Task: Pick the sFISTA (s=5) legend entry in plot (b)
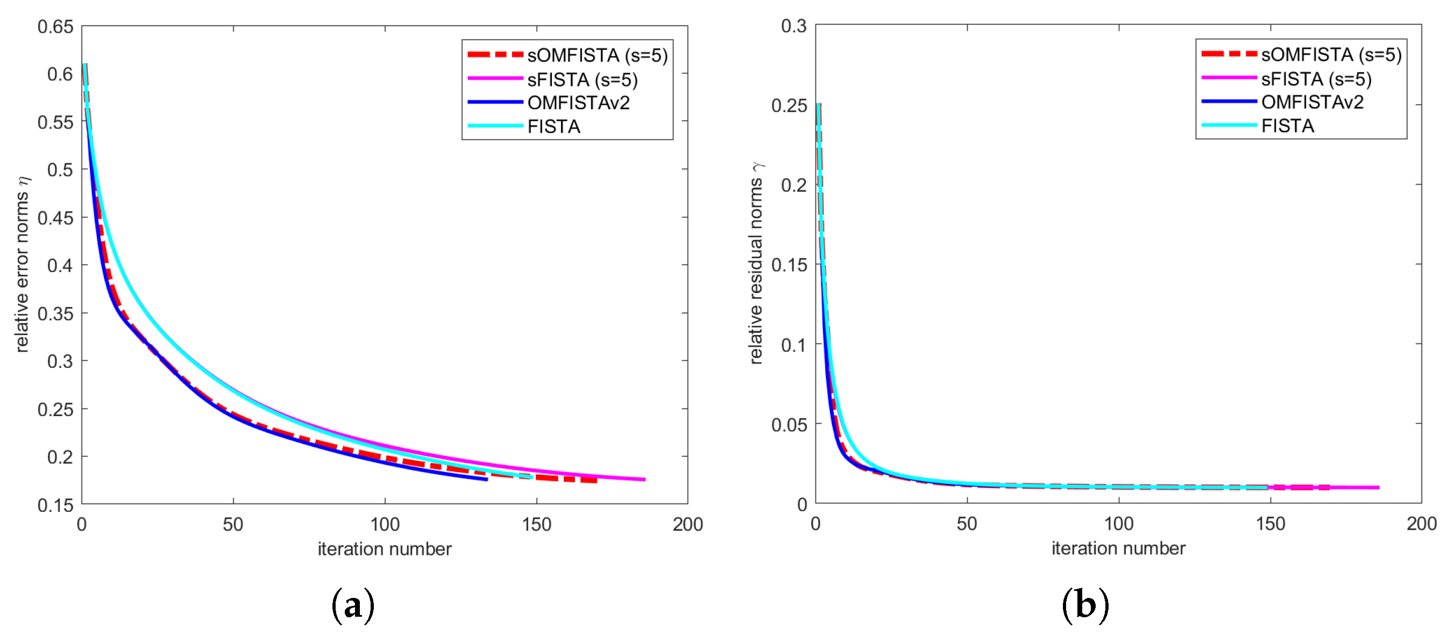click(1287, 79)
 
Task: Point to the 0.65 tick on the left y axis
click(55, 26)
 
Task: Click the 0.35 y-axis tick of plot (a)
click(55, 313)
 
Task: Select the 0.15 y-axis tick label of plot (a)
click(55, 505)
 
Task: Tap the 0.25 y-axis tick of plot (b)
click(789, 105)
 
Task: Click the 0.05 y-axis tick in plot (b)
click(789, 424)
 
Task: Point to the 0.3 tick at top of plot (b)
click(794, 26)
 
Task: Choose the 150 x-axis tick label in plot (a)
click(536, 524)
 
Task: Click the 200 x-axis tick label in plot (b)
click(1422, 524)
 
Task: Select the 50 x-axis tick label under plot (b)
click(967, 524)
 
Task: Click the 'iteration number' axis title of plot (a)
click(385, 549)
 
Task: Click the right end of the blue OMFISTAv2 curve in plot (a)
click(487, 479)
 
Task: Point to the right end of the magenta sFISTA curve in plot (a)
click(645, 479)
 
